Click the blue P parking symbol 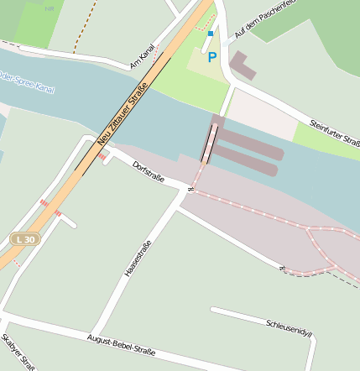click(212, 57)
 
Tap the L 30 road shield click(25, 239)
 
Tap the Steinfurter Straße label click(334, 136)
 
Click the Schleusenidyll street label click(288, 327)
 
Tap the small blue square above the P click(211, 34)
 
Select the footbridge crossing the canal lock click(209, 143)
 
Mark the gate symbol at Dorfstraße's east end click(190, 190)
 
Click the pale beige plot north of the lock click(260, 112)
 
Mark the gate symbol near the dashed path click(283, 269)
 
